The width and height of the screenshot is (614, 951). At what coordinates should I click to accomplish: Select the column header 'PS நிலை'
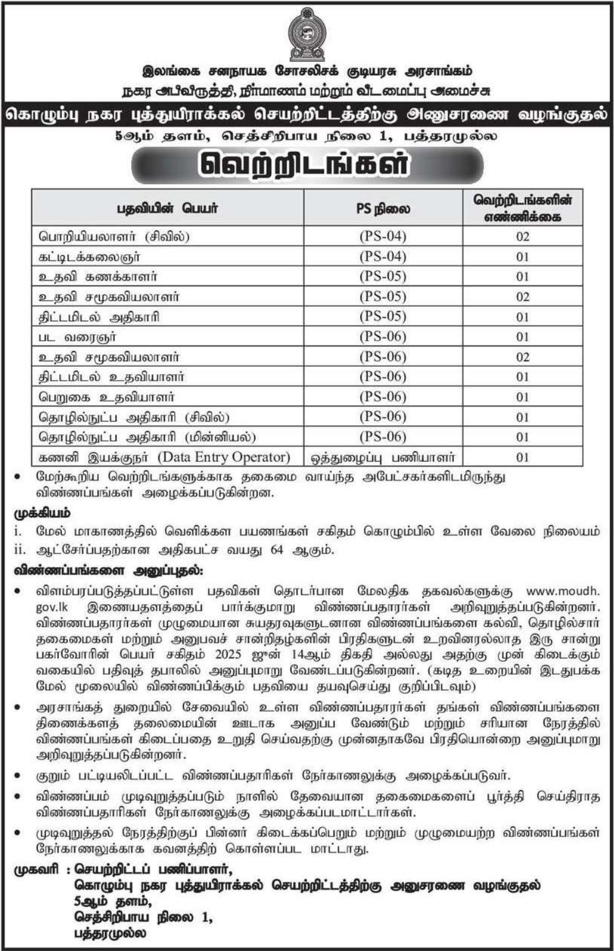tap(383, 208)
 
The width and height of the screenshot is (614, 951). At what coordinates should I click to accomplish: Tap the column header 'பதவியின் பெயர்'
tap(167, 208)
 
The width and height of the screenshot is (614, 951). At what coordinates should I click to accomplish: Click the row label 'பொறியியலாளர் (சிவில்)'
tap(114, 236)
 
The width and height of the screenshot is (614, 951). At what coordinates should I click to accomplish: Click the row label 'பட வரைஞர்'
tap(77, 336)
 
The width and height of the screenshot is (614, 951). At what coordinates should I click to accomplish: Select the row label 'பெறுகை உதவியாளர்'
tap(107, 397)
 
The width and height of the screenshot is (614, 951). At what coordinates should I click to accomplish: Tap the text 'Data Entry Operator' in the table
tap(224, 457)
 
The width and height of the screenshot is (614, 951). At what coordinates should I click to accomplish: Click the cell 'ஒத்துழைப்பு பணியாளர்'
tap(383, 457)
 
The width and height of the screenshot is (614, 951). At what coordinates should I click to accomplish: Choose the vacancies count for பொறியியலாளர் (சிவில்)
tap(522, 236)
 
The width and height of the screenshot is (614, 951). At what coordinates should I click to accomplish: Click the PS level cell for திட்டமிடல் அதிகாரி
tap(383, 316)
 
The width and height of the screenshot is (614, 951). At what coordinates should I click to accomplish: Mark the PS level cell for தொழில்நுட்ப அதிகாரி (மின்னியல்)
tap(383, 437)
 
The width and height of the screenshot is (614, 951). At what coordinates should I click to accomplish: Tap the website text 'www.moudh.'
tap(563, 590)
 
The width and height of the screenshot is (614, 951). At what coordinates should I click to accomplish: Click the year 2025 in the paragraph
tap(228, 654)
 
